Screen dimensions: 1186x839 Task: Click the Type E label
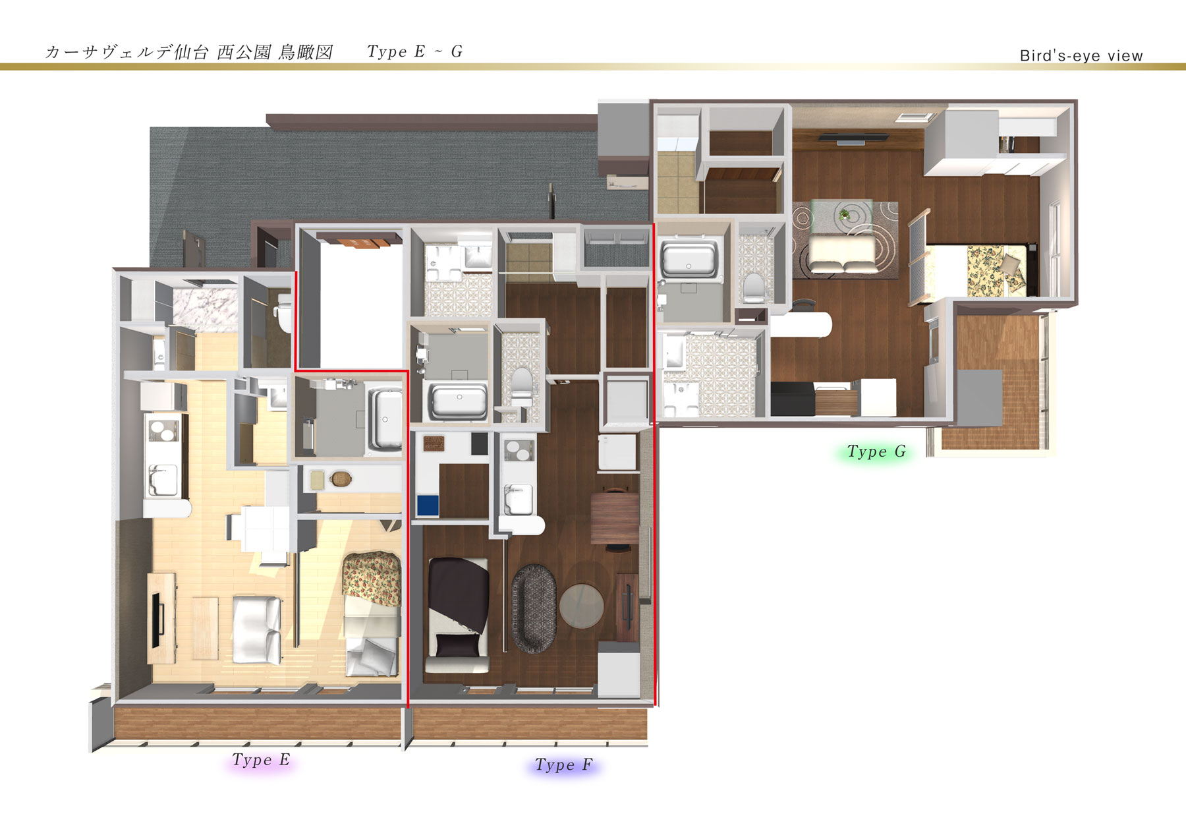[x=261, y=760]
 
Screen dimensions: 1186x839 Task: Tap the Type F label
[x=563, y=765]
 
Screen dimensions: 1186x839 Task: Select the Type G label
[x=876, y=451]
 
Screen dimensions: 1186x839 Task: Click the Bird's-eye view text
[x=1081, y=55]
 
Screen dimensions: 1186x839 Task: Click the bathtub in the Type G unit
[x=689, y=259]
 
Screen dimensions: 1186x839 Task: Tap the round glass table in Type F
[x=581, y=606]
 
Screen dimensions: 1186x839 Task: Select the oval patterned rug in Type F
[x=534, y=608]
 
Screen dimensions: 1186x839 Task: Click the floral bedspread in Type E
[x=372, y=578]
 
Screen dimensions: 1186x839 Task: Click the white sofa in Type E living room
[x=257, y=629]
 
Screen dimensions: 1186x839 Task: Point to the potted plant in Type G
[x=845, y=214]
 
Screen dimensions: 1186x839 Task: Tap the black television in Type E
[x=158, y=620]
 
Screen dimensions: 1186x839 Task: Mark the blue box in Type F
[x=428, y=506]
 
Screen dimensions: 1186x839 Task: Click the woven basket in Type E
[x=340, y=478]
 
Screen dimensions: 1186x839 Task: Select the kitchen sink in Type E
[x=162, y=480]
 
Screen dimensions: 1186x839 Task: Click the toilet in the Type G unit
[x=753, y=287]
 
